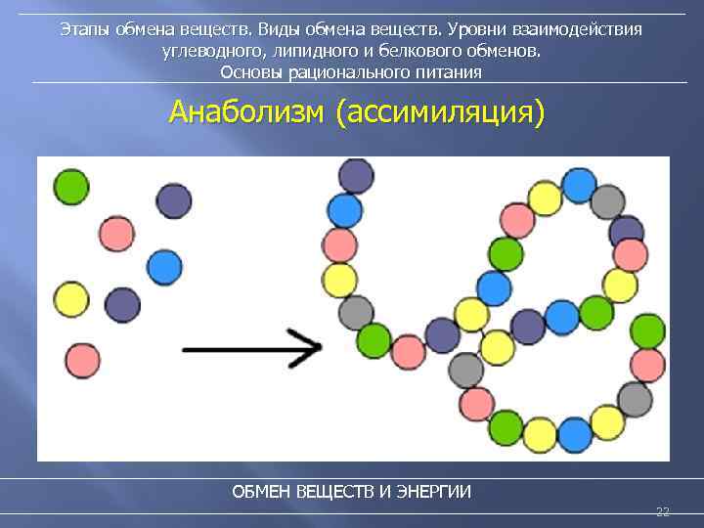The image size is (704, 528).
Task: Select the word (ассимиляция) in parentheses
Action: click(x=439, y=112)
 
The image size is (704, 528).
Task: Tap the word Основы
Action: click(x=250, y=72)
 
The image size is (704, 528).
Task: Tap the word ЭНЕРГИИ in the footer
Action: click(x=434, y=491)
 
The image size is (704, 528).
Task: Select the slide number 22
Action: click(x=662, y=511)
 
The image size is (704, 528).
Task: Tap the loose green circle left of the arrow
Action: click(x=70, y=186)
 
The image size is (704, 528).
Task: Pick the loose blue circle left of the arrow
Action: click(x=164, y=266)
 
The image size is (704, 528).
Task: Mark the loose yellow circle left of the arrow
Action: click(x=70, y=299)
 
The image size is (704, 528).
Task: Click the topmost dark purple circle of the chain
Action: click(x=356, y=175)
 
